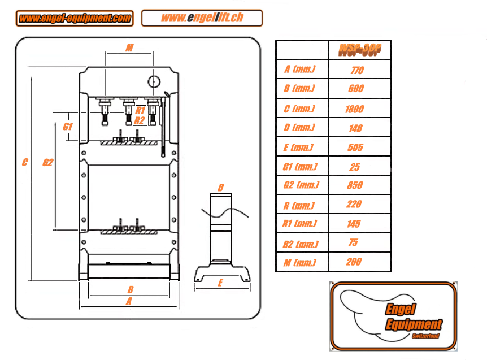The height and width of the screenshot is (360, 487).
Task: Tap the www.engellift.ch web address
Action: [202, 18]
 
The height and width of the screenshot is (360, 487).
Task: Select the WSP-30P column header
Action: [359, 50]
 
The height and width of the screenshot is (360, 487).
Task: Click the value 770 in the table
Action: [356, 71]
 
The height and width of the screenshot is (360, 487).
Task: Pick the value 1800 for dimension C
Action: [355, 109]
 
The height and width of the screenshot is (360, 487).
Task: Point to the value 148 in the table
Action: [356, 128]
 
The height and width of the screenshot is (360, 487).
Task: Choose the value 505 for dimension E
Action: [355, 148]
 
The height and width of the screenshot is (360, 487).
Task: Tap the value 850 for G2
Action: [355, 185]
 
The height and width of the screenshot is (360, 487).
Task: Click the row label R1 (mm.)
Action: [299, 224]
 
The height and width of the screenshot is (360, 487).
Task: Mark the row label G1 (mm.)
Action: [299, 167]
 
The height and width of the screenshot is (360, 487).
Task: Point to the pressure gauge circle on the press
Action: [154, 82]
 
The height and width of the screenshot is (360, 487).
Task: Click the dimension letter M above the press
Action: [129, 49]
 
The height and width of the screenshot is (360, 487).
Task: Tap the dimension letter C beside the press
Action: [25, 163]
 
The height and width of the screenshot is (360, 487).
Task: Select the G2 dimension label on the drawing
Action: [48, 163]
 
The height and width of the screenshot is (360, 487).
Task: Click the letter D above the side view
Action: [221, 188]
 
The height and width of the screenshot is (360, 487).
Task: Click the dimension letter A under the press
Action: [129, 302]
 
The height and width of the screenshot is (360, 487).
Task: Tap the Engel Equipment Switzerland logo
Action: [393, 315]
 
